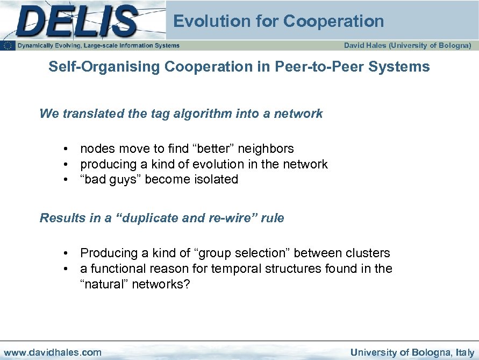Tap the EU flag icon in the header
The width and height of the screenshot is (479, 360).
tap(8, 46)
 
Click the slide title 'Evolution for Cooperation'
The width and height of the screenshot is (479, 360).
tap(278, 22)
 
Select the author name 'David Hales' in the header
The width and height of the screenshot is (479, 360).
tap(365, 46)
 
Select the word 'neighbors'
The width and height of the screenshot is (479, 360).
tap(267, 149)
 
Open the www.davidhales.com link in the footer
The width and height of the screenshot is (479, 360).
tap(53, 352)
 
